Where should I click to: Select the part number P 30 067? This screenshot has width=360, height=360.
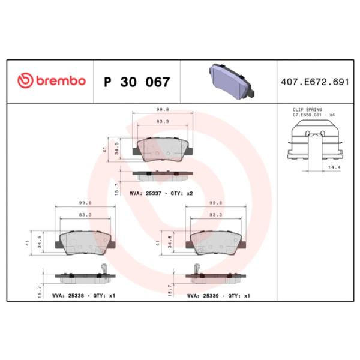137,82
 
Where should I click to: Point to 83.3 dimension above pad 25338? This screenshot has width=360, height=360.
85,214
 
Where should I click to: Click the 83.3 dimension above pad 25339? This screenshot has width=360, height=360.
215,214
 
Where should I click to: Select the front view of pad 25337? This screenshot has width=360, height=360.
162,148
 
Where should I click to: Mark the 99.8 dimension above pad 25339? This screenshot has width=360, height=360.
215,203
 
